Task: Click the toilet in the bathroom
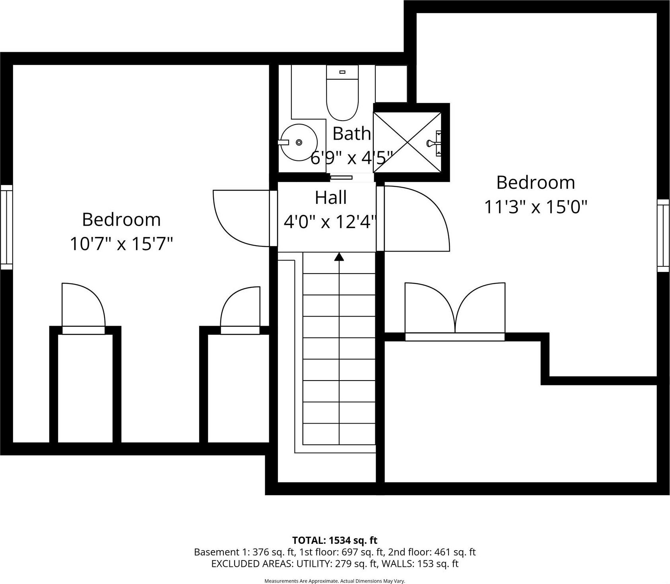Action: [342, 96]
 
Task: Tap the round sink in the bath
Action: [299, 142]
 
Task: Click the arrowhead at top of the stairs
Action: [339, 257]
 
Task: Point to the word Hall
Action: [330, 197]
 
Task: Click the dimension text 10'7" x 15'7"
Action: [121, 244]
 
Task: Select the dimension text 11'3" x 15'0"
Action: [535, 207]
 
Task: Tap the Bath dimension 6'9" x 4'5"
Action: [352, 158]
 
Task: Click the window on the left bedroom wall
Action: [6, 227]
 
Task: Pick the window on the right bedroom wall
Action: [663, 236]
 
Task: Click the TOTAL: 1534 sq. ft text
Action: [334, 540]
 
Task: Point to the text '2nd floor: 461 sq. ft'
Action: [431, 552]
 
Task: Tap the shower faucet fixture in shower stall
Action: [433, 143]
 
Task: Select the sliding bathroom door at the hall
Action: [341, 178]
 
